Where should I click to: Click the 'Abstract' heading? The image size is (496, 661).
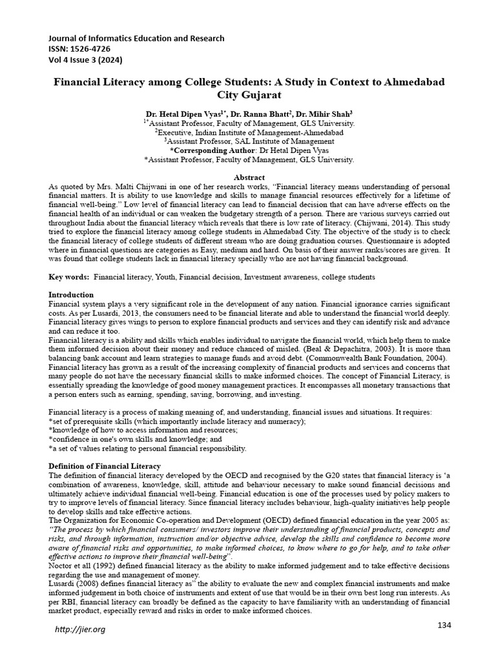248,178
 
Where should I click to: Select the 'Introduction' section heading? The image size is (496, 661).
71,294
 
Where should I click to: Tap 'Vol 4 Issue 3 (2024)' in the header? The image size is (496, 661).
85,60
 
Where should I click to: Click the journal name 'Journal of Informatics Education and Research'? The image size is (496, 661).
137,38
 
